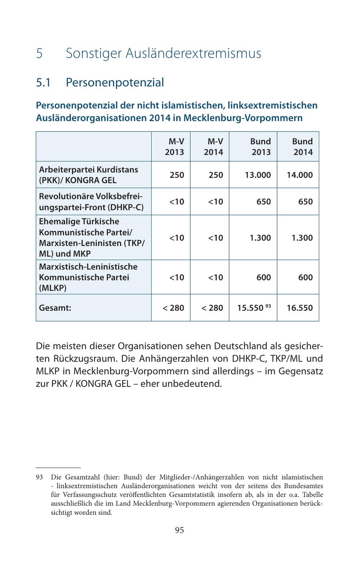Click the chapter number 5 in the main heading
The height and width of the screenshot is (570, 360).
(x=39, y=53)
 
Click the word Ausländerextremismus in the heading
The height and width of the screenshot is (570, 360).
(x=193, y=53)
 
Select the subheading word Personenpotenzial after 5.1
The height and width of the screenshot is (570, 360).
(x=115, y=82)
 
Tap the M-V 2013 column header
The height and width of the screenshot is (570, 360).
(x=175, y=147)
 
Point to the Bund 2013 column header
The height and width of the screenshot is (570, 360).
(x=260, y=147)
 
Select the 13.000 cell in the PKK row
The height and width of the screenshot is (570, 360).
(x=258, y=175)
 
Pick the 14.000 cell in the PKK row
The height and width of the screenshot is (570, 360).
(x=300, y=175)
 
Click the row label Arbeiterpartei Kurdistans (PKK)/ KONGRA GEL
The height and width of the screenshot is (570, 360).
(x=88, y=175)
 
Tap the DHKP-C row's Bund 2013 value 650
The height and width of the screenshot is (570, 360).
(x=263, y=202)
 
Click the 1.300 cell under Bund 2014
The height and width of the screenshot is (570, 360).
(x=302, y=238)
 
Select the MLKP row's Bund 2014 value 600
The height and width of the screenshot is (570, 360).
(x=305, y=277)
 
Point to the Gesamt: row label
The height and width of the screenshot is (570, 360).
(x=55, y=308)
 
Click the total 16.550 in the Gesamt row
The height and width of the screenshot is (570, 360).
(x=300, y=308)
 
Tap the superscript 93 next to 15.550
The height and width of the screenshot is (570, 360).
(x=268, y=306)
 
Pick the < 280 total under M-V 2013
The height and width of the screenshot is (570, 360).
(x=173, y=308)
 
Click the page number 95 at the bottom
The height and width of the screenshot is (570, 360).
(x=179, y=530)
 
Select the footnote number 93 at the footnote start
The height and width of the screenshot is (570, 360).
(x=39, y=477)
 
